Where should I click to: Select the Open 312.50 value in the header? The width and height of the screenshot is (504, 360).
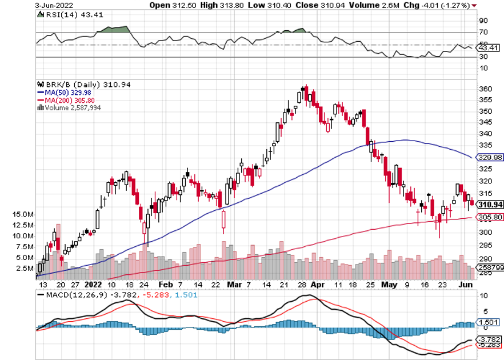tap(169, 5)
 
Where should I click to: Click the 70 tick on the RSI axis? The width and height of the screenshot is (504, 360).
tap(483, 33)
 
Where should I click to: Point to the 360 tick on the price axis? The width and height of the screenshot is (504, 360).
tap(485, 89)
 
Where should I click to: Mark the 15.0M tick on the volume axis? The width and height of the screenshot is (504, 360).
tap(23, 214)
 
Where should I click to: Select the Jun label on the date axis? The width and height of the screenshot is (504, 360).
tap(466, 283)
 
